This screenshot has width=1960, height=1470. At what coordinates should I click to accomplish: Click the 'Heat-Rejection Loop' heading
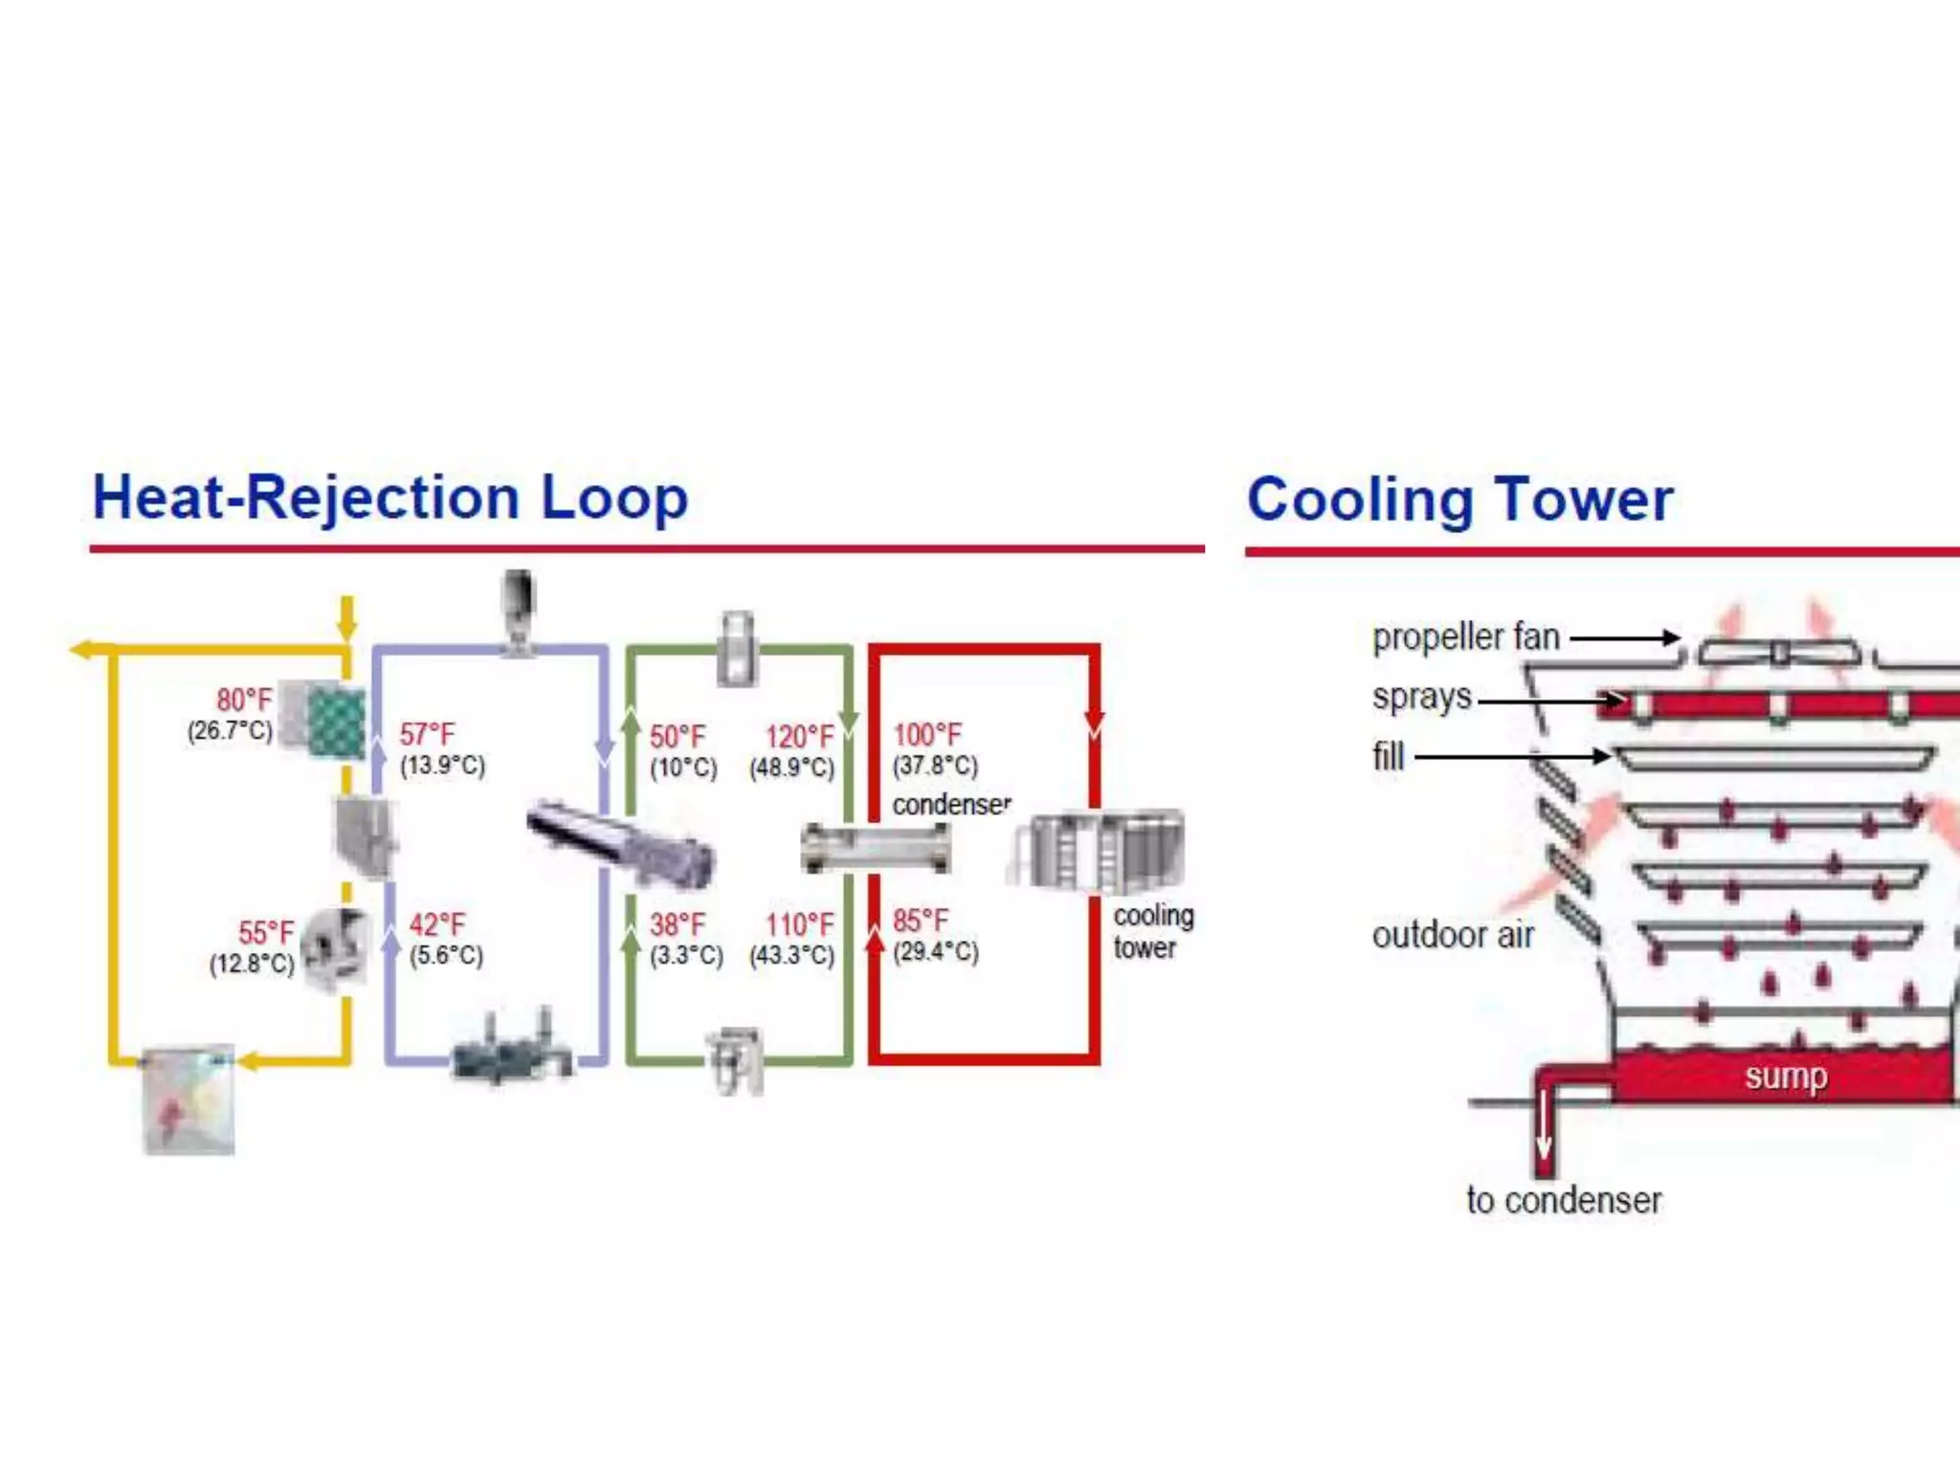[x=390, y=498]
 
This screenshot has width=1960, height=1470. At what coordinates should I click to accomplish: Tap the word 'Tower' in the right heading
[x=1584, y=500]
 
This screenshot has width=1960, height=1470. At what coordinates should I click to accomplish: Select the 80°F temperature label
[x=244, y=700]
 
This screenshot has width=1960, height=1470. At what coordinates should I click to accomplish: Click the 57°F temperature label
[x=427, y=734]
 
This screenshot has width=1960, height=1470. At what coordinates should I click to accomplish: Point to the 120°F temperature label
[x=799, y=736]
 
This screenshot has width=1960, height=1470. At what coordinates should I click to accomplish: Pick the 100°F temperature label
[x=926, y=735]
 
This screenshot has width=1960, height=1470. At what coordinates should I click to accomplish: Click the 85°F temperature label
[x=921, y=921]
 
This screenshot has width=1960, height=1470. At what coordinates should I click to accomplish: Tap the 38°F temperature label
[x=678, y=924]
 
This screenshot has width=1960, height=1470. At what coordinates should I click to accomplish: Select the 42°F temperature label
[x=437, y=924]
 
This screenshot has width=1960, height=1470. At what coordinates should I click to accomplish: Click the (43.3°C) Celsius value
[x=791, y=955]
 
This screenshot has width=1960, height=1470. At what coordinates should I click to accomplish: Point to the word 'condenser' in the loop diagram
[x=951, y=805]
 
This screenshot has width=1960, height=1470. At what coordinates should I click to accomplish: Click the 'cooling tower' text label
[x=1152, y=931]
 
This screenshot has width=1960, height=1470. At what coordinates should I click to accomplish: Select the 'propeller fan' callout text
[x=1465, y=637]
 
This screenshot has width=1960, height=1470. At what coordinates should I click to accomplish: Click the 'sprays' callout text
[x=1421, y=697]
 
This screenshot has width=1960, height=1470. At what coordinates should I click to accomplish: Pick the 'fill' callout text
[x=1388, y=757]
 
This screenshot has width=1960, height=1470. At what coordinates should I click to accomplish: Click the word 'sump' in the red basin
[x=1785, y=1077]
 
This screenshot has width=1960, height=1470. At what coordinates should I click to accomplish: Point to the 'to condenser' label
[x=1564, y=1200]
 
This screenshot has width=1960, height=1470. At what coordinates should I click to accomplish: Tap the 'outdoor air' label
[x=1452, y=935]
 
